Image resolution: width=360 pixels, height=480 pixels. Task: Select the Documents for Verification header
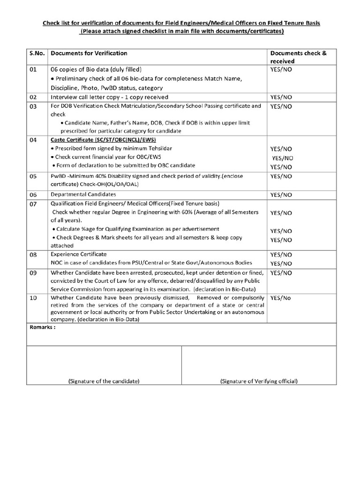(x=89, y=53)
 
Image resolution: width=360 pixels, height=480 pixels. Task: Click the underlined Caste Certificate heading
(x=103, y=140)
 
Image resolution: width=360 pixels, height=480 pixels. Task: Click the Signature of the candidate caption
(x=104, y=381)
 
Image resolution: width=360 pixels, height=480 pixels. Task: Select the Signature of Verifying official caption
(x=259, y=381)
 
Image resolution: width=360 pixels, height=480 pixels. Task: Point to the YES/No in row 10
(x=280, y=298)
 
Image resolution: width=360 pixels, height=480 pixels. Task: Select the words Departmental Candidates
(x=83, y=194)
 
